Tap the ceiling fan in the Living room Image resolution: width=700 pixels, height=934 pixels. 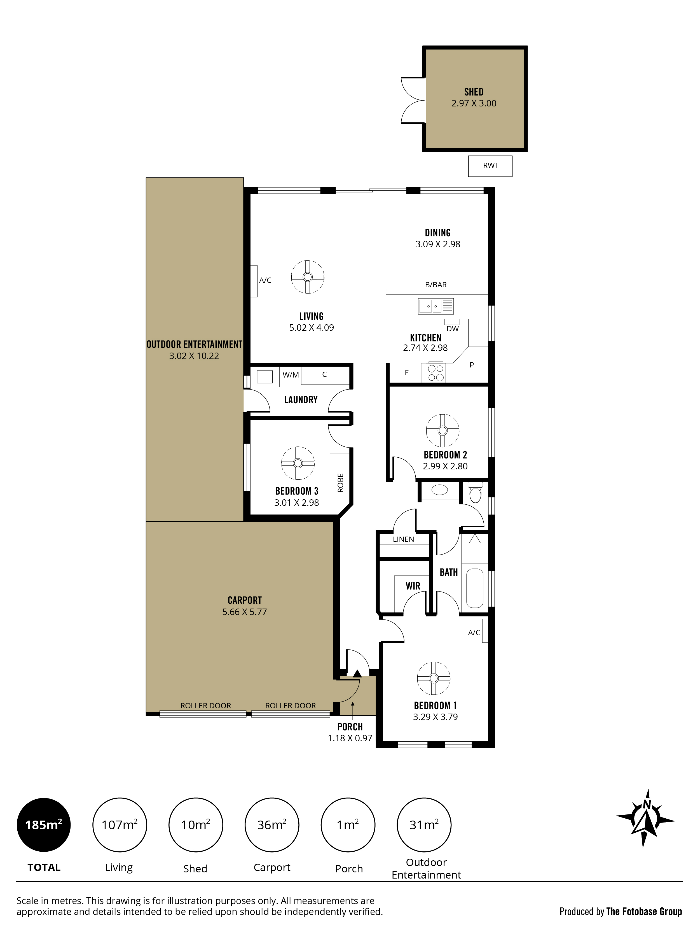point(308,277)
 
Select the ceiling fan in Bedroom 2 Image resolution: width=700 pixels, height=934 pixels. point(443,430)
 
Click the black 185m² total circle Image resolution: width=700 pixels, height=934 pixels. point(44,825)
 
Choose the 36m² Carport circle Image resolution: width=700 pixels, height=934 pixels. point(272,825)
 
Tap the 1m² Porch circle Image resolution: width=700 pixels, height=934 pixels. point(348,825)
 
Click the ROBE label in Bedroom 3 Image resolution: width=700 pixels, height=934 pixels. point(341,483)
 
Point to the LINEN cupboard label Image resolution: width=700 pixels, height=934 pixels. point(403,539)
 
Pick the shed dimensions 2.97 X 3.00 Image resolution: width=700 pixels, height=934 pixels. point(474,103)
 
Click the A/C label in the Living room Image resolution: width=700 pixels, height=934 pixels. point(265,280)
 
